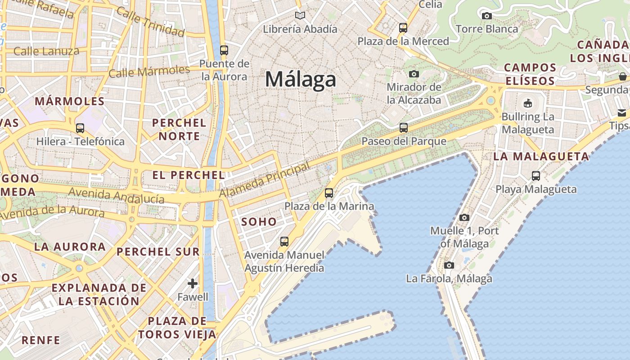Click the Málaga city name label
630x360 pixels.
coord(300,80)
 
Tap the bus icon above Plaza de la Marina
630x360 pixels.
coord(329,193)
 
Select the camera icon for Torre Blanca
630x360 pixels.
coord(486,16)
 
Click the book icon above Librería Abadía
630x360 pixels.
coord(300,16)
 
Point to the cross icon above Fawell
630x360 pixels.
coord(193,283)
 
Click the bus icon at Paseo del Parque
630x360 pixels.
coord(404,128)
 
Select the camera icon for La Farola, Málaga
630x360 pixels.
coord(449,265)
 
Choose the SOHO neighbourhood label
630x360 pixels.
coord(259,221)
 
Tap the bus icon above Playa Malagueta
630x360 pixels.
coord(535,176)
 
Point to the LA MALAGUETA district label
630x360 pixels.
coord(541,157)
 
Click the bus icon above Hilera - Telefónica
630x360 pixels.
coord(80,128)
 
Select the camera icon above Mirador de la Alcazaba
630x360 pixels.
coord(414,74)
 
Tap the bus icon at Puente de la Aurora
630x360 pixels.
coord(224,50)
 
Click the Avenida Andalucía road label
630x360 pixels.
coord(116,196)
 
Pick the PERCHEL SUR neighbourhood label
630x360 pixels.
coord(158,252)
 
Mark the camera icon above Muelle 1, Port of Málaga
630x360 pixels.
coord(464,218)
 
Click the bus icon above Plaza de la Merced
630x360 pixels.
coord(403,28)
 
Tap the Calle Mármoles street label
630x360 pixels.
coord(149,71)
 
